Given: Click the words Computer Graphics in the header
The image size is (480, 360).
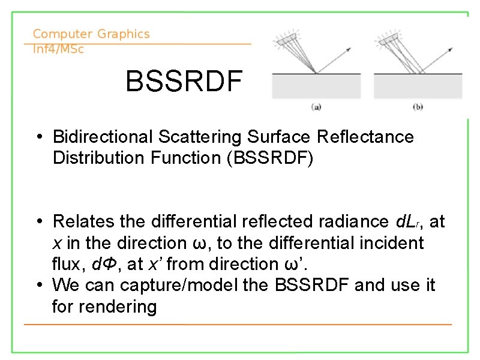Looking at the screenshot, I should click(91, 34).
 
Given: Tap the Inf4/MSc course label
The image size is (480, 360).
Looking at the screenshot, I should click(58, 49).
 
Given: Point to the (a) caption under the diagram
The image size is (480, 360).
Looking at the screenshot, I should click(316, 107).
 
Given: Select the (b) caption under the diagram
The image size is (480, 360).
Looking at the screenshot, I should click(418, 107).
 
